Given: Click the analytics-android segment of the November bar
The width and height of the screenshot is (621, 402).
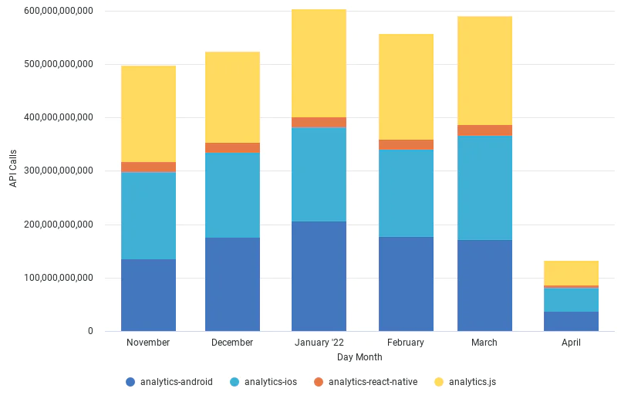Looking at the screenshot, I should (x=148, y=295).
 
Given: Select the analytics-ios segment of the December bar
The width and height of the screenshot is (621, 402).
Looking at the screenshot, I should (x=232, y=195).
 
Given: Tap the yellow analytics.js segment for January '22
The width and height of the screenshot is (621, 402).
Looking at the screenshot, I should (x=319, y=63).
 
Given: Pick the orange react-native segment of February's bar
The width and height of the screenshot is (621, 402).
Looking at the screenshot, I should (x=406, y=144).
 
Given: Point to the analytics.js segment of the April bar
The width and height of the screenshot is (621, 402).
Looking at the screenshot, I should (x=571, y=273).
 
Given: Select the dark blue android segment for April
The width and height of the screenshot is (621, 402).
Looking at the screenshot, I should (x=571, y=321).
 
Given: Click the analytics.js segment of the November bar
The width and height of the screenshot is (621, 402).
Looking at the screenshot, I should (x=148, y=113).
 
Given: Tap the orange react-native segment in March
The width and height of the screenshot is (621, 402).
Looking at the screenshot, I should (x=484, y=130).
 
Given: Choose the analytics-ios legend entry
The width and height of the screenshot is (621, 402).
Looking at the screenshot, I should (x=265, y=381).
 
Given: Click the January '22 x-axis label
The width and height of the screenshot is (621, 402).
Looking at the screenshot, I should (x=319, y=343).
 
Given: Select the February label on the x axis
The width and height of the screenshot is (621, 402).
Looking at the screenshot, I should (x=406, y=343).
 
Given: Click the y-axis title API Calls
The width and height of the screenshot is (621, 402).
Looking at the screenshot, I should (x=12, y=171).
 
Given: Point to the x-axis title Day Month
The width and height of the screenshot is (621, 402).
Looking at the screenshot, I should (x=359, y=357).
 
